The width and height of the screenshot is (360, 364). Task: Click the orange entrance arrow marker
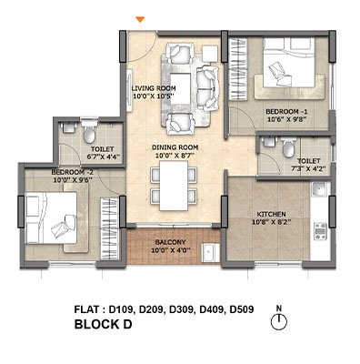tap(140, 19)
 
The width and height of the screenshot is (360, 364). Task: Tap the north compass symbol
tap(279, 321)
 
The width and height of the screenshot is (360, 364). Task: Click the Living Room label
tap(154, 88)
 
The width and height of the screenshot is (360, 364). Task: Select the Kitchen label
tap(272, 214)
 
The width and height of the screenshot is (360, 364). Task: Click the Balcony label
tap(170, 242)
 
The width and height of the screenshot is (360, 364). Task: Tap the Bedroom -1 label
tap(286, 111)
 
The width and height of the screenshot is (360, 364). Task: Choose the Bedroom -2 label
tap(72, 172)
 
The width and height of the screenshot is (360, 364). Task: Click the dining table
tap(174, 186)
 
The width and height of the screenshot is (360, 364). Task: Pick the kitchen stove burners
tap(320, 231)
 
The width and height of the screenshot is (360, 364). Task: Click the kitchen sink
tap(319, 190)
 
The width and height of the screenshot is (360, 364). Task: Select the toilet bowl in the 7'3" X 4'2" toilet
tap(288, 147)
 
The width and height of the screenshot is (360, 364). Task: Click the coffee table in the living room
tap(181, 88)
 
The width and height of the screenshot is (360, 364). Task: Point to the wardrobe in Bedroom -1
tap(238, 68)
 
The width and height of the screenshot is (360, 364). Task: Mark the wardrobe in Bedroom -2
tap(109, 228)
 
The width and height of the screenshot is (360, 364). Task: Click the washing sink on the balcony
tap(210, 253)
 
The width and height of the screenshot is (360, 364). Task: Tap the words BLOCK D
tap(104, 324)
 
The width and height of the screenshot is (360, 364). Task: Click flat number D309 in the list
tap(181, 309)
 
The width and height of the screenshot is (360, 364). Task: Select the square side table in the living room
tap(210, 54)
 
